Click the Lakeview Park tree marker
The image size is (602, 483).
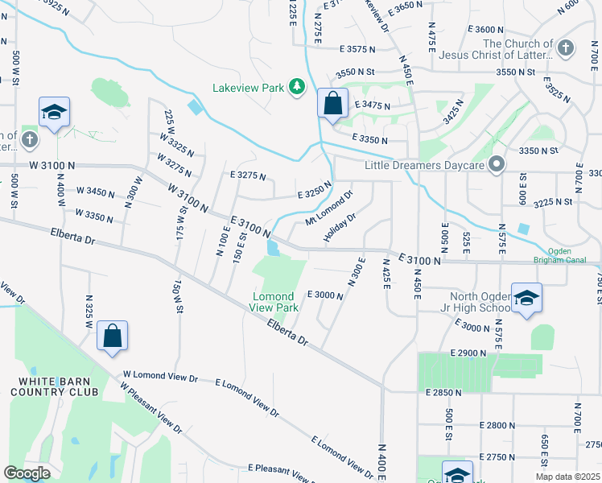[x=297, y=86]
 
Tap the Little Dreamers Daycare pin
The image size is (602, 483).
[x=497, y=165]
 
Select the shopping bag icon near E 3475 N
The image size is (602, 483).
[x=332, y=104]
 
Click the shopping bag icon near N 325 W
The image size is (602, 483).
[x=113, y=337]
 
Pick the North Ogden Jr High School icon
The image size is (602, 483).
[x=526, y=299]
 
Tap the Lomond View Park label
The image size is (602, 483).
[x=276, y=301]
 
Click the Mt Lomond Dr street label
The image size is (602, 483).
[x=330, y=208]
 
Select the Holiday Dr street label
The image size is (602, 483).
[x=340, y=227]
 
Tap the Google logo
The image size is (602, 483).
[x=27, y=473]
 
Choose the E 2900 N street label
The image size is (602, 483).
[x=469, y=353]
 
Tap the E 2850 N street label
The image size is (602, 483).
[x=443, y=392]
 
